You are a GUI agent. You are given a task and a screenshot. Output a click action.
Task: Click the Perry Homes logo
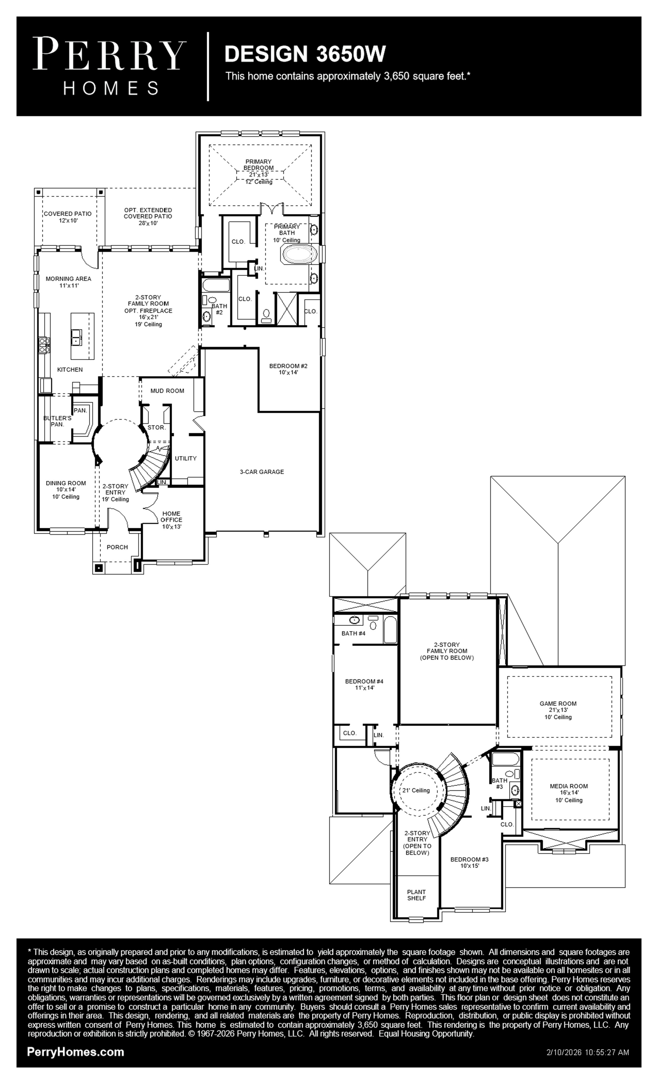109,66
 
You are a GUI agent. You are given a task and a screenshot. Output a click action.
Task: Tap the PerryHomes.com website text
76,1051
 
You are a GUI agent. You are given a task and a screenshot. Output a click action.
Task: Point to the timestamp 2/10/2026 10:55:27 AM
588,1052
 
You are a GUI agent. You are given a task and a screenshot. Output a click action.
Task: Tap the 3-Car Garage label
262,472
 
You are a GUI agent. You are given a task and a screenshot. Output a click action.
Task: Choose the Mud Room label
167,391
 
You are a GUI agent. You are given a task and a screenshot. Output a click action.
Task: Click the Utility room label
186,458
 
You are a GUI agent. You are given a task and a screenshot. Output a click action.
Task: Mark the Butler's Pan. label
57,421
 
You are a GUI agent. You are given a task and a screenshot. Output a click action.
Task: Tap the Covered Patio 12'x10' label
68,217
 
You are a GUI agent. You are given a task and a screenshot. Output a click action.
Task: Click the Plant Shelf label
416,895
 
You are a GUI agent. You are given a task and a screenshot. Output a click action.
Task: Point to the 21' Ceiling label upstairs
416,790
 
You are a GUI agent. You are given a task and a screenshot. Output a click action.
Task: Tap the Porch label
117,547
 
